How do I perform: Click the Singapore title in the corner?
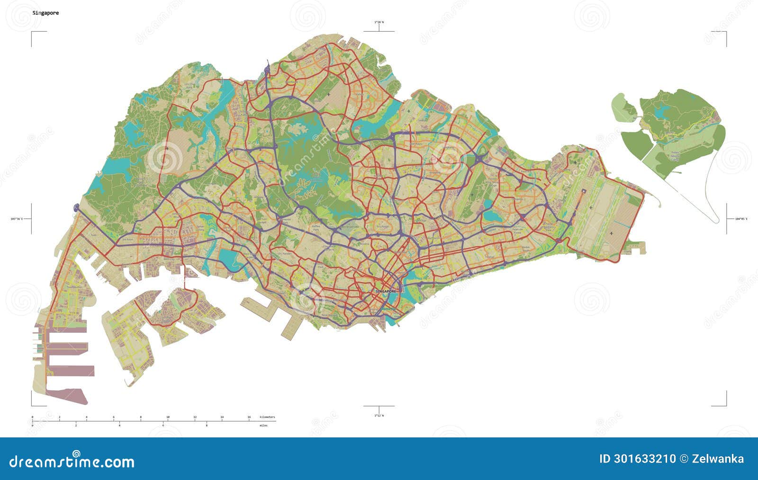pyautogui.click(x=45, y=13)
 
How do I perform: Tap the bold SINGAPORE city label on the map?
pyautogui.click(x=385, y=291)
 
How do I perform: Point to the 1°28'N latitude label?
pyautogui.click(x=379, y=22)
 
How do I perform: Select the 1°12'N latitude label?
pyautogui.click(x=379, y=415)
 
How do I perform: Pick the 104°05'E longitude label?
pyautogui.click(x=741, y=219)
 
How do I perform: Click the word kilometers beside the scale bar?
pyautogui.click(x=267, y=417)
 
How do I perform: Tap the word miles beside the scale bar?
pyautogui.click(x=263, y=426)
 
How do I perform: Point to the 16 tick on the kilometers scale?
pyautogui.click(x=249, y=417)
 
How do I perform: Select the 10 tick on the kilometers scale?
pyautogui.click(x=168, y=417)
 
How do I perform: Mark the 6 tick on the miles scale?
pyautogui.click(x=163, y=426)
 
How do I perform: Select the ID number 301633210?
pyautogui.click(x=637, y=459)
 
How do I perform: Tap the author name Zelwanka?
pyautogui.click(x=718, y=459)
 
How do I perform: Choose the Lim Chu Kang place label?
pyautogui.click(x=189, y=85)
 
